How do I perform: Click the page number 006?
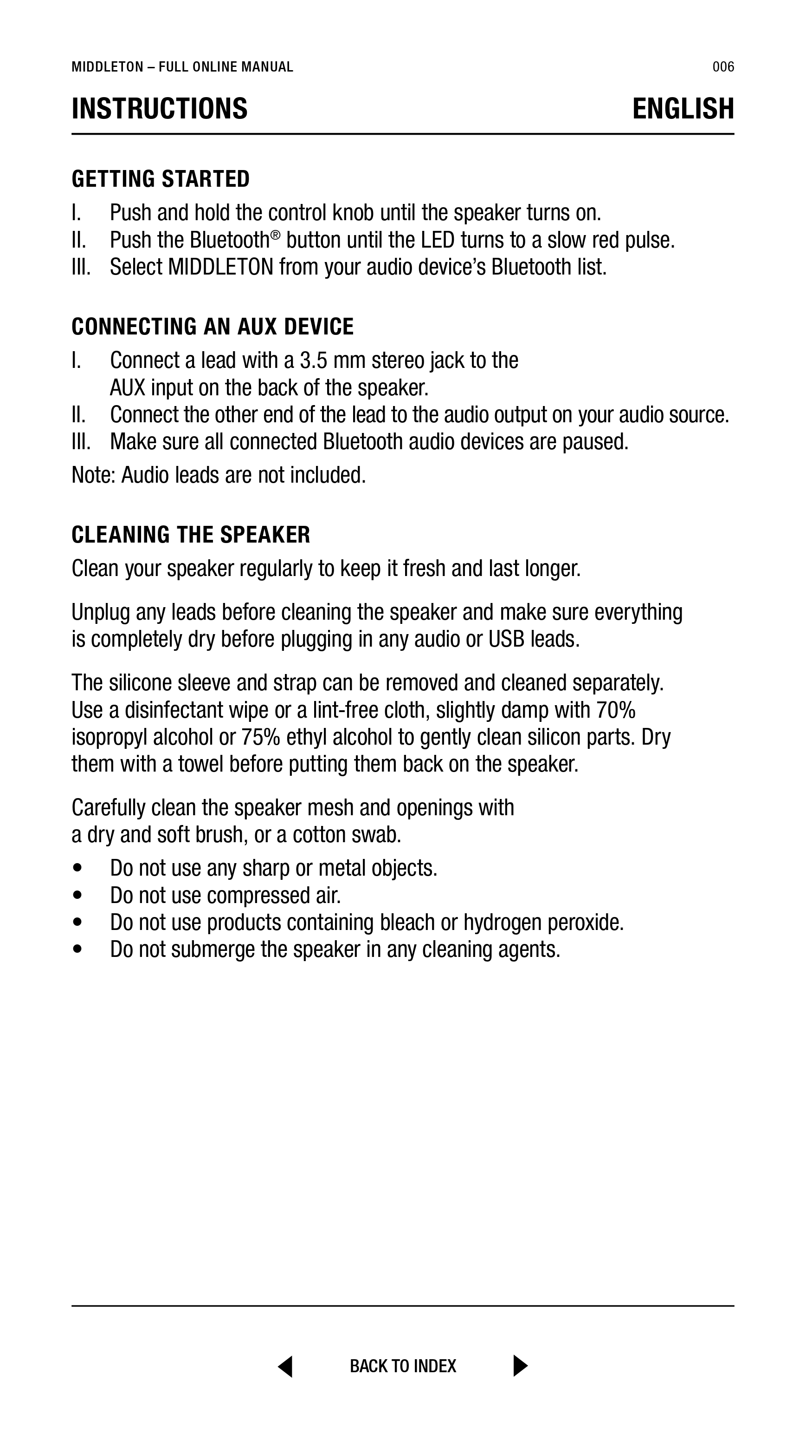(x=722, y=67)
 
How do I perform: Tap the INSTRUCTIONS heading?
(x=160, y=109)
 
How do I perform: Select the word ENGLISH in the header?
(x=683, y=109)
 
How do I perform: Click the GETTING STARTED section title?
(x=161, y=179)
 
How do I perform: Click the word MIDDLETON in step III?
(x=220, y=267)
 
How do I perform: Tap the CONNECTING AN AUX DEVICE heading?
(x=213, y=327)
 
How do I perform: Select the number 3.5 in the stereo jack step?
(x=313, y=361)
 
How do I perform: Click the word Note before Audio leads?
(x=93, y=475)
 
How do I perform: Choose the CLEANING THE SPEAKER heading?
(x=191, y=535)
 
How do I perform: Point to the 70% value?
(x=616, y=710)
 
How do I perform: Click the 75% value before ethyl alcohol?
(x=260, y=738)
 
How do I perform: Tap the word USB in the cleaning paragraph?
(x=506, y=640)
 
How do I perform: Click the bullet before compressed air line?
(x=77, y=896)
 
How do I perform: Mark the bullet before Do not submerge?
(x=77, y=949)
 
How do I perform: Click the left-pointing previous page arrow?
(x=285, y=1366)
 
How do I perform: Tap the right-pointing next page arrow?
(x=520, y=1366)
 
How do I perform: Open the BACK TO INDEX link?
(x=403, y=1366)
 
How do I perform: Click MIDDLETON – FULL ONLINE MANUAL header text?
(x=182, y=67)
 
